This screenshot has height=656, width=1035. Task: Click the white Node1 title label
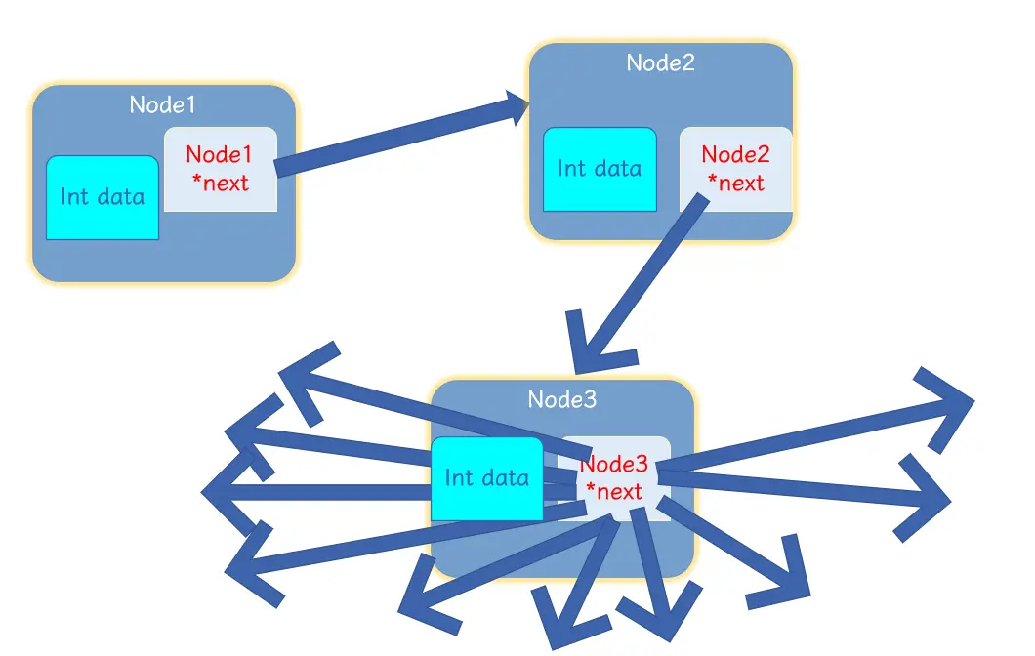pyautogui.click(x=163, y=104)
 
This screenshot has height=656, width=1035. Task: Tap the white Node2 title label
pyautogui.click(x=660, y=62)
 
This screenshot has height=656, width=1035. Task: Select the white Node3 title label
pyautogui.click(x=561, y=399)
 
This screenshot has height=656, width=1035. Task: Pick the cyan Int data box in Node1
pyautogui.click(x=103, y=197)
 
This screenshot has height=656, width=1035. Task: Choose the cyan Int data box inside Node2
pyautogui.click(x=600, y=169)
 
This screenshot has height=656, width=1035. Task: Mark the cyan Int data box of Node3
pyautogui.click(x=486, y=478)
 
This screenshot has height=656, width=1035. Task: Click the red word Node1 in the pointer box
pyautogui.click(x=219, y=154)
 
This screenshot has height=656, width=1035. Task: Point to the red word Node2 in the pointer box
pyautogui.click(x=735, y=154)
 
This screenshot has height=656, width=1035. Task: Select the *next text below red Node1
pyautogui.click(x=220, y=183)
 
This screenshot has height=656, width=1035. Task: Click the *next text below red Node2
pyautogui.click(x=735, y=183)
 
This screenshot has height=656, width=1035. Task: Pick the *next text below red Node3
pyautogui.click(x=613, y=491)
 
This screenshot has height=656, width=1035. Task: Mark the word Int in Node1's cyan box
pyautogui.click(x=75, y=197)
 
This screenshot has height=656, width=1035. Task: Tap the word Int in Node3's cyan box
pyautogui.click(x=459, y=478)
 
